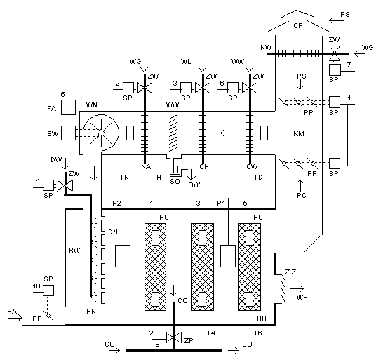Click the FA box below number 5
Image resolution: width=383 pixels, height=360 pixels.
tap(68, 107)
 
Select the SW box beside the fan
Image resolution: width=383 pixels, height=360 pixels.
tap(68, 133)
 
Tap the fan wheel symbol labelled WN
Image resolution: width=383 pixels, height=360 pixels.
tap(101, 133)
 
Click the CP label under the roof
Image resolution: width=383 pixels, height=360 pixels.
tap(298, 26)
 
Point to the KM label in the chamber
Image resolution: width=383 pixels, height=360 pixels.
tap(299, 134)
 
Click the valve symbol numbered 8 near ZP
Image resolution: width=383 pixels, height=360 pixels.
tap(173, 338)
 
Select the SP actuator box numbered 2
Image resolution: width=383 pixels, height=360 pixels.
tap(128, 88)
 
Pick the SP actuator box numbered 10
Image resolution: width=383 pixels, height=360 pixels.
tap(48, 291)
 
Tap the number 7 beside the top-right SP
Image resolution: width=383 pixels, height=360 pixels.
tap(349, 65)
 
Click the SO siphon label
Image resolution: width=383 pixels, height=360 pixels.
tap(175, 181)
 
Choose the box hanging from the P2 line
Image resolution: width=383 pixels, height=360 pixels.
tap(123, 256)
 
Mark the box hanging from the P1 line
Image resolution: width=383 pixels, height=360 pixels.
tap(228, 256)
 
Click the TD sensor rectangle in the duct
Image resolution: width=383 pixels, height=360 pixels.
tap(264, 133)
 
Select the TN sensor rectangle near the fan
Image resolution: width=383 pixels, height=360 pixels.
tap(130, 133)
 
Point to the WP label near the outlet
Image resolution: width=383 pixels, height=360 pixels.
tap(302, 297)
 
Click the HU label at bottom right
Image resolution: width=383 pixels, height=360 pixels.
tap(262, 319)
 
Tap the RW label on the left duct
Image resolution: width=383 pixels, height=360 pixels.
tap(74, 251)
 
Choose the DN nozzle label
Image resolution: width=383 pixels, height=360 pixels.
tap(113, 232)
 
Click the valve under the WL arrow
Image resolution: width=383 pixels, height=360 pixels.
tap(203, 88)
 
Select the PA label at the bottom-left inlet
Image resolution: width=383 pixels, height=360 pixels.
tap(12, 312)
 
